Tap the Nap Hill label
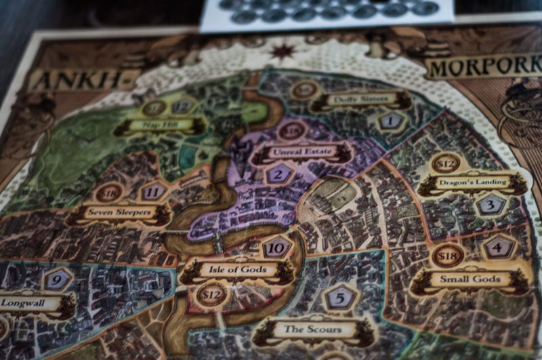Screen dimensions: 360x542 point(160,125)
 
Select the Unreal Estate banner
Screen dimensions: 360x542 point(301,153)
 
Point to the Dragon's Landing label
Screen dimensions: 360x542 point(472,183)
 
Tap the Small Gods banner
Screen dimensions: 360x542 point(470,279)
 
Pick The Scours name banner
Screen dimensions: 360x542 point(312,330)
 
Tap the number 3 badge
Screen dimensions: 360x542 point(491,204)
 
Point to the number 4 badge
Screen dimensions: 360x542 point(499,248)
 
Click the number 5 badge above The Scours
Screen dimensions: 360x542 point(341,297)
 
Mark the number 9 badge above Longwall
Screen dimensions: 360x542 point(57,279)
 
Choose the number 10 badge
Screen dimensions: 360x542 point(276,248)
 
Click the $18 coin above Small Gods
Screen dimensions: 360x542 point(447,256)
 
